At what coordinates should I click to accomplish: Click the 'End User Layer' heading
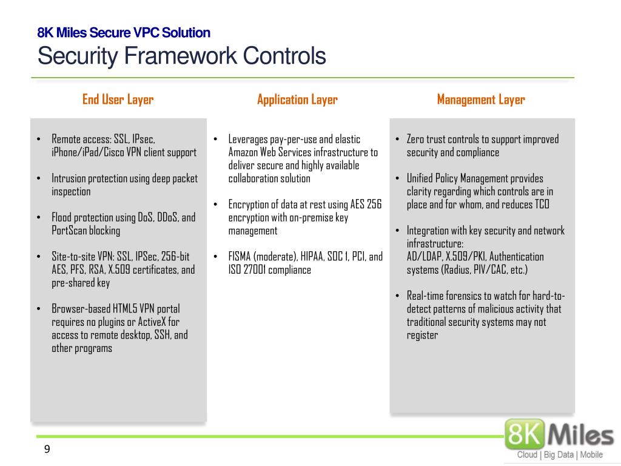coord(118,100)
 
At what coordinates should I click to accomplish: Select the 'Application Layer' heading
coord(297,100)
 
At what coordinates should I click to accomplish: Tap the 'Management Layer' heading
coord(481,100)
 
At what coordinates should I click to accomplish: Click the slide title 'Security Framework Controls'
coord(181,56)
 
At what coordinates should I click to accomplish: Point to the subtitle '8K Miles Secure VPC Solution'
coord(124,33)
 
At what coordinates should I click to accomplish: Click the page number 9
coord(47,449)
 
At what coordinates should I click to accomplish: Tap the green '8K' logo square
coord(525,434)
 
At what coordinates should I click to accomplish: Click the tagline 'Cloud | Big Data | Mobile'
coord(559,455)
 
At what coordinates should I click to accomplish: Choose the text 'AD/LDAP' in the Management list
coord(425,257)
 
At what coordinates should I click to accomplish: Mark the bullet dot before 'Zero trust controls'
coord(397,140)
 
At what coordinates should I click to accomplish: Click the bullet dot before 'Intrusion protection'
coord(39,179)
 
